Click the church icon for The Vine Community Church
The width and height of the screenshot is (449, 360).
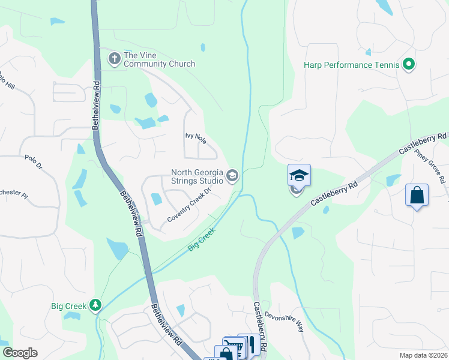pos(114,59)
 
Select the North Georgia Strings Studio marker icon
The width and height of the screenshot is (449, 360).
pos(232,176)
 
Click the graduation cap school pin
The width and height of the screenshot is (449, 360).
pos(299,175)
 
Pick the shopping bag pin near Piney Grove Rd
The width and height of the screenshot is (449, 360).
pos(417,196)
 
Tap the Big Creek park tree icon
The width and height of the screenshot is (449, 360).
pos(95,306)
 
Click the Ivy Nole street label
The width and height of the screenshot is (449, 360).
pos(195,139)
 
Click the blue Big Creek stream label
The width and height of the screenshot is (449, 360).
pos(202,238)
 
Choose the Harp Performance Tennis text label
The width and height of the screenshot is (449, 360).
pos(351,65)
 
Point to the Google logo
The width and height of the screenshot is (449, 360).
pos(20,353)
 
